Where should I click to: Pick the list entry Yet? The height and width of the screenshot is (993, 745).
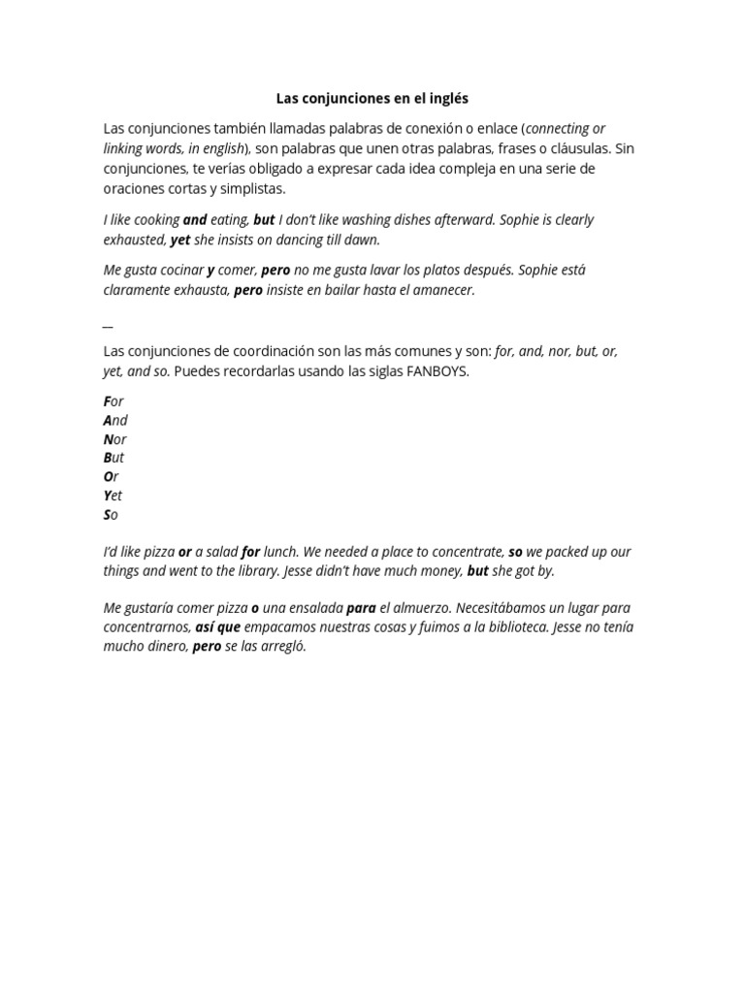pos(113,496)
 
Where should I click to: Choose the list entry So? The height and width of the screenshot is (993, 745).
pos(111,515)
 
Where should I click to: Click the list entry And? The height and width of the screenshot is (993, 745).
pos(115,420)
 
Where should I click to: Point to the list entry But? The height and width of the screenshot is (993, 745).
pos(113,458)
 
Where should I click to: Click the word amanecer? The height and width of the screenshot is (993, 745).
pos(443,290)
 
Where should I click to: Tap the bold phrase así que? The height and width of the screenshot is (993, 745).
pos(217,627)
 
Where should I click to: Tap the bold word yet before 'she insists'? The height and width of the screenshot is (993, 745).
pos(180,240)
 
